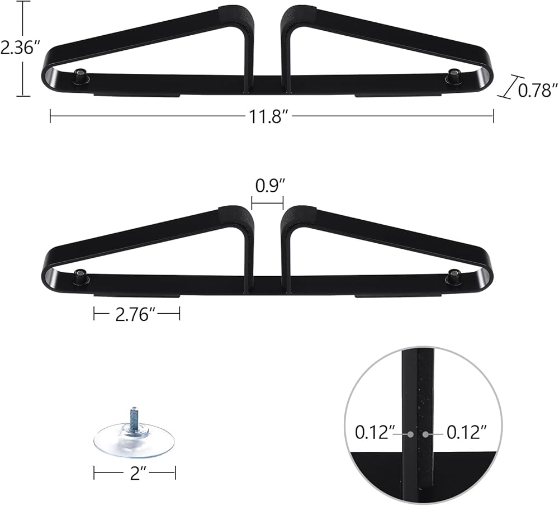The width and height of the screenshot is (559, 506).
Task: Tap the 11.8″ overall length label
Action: click(267, 116)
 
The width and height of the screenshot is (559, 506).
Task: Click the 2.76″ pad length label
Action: click(136, 315)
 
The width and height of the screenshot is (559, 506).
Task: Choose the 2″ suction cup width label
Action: click(135, 474)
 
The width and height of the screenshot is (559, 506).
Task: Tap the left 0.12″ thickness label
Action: click(373, 432)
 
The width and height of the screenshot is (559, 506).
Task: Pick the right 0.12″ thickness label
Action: click(467, 432)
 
